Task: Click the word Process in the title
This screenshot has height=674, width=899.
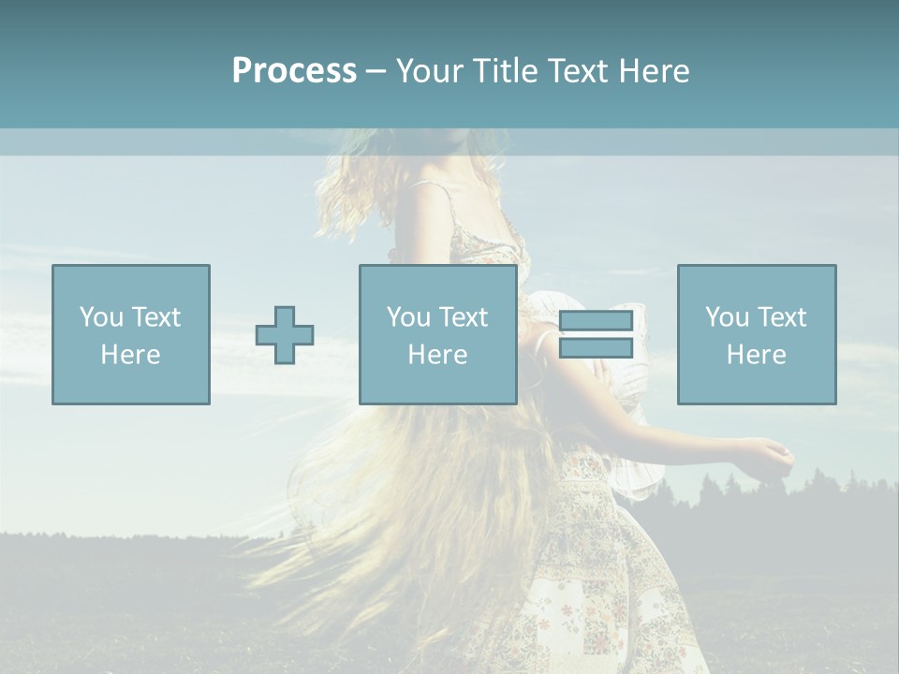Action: (x=294, y=71)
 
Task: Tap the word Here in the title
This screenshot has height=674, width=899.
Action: (x=655, y=71)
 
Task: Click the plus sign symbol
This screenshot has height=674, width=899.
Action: (x=285, y=335)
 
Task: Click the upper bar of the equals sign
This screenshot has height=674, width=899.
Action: (x=596, y=321)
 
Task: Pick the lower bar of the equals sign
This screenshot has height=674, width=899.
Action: (x=596, y=348)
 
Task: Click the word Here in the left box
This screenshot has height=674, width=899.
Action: (x=130, y=355)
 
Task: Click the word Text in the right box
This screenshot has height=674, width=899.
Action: (x=781, y=317)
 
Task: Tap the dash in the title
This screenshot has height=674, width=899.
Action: (x=376, y=71)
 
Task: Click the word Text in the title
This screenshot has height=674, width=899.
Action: (x=577, y=71)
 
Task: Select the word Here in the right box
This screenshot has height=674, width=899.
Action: (x=756, y=355)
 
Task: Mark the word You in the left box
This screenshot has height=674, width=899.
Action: (x=101, y=317)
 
